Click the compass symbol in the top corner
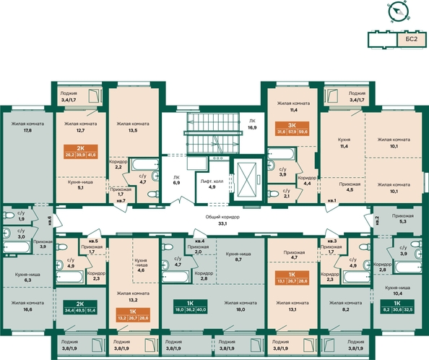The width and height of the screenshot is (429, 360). click(x=396, y=12)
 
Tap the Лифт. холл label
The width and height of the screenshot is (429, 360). click(x=212, y=184)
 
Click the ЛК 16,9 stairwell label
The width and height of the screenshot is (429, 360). click(x=253, y=124)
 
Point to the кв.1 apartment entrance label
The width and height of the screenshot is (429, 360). click(x=331, y=201)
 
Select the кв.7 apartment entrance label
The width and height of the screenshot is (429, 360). click(x=120, y=200)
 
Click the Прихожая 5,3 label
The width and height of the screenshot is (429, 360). click(x=403, y=219)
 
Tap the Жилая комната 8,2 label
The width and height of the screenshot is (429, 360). click(x=345, y=306)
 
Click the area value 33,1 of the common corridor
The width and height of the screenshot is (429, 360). click(x=222, y=223)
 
